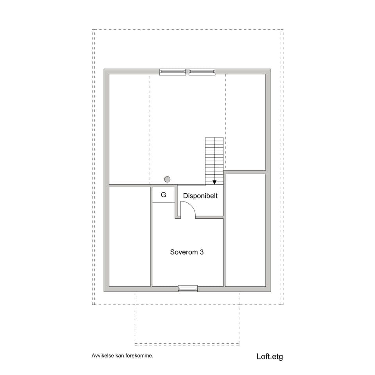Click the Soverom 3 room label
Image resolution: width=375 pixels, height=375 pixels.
point(187,252)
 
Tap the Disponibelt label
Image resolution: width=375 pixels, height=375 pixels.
point(200,196)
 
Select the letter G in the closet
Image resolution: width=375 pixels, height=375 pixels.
point(163,195)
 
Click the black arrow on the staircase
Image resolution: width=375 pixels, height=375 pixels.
point(214,182)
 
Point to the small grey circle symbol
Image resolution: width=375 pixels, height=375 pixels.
point(167,179)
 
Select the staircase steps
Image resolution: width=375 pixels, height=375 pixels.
point(214,158)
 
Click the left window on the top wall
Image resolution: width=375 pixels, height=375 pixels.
point(173,72)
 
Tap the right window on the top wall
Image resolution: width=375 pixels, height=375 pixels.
point(202,72)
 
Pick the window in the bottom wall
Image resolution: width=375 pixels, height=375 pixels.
point(188,289)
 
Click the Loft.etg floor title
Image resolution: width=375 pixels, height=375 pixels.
point(270,356)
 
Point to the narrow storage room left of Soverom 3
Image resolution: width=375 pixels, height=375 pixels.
point(130,237)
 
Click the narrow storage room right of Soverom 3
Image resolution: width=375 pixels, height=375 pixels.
point(245,230)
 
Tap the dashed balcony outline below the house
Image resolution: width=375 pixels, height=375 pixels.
point(187,344)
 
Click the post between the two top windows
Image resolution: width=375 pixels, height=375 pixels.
point(187,71)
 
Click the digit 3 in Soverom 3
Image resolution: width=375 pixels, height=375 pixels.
point(201,252)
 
